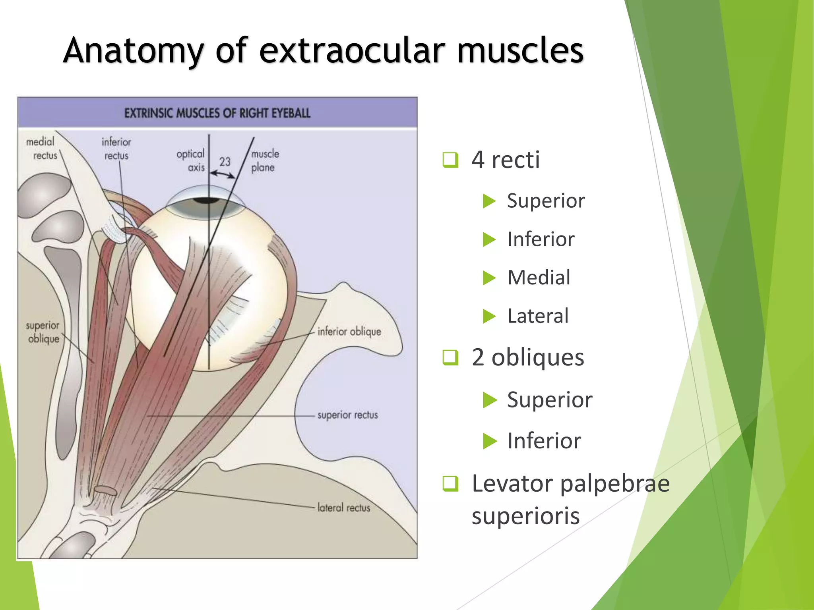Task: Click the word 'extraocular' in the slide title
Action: pos(352,50)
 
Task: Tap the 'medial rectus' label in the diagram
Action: pos(41,149)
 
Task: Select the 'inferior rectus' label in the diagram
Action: pos(116,149)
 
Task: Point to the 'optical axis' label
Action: pos(191,160)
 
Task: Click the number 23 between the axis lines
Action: pos(225,162)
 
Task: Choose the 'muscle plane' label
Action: pos(265,160)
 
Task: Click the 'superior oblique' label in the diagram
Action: pos(43,332)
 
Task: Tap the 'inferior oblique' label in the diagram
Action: pos(349,331)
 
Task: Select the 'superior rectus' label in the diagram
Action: pos(347,415)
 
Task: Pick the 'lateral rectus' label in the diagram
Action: pos(343,508)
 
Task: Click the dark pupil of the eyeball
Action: pos(207,200)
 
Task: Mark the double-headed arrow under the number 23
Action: pos(223,174)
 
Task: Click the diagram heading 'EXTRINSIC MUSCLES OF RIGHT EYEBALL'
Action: pos(217,113)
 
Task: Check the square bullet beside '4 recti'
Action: pos(450,160)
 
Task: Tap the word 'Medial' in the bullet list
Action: pos(539,277)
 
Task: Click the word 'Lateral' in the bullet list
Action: pos(538,316)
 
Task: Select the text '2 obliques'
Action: pos(528,357)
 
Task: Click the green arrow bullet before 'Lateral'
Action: pos(489,317)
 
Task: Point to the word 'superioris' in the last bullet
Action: pos(525,516)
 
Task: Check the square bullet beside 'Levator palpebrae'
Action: pos(450,484)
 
